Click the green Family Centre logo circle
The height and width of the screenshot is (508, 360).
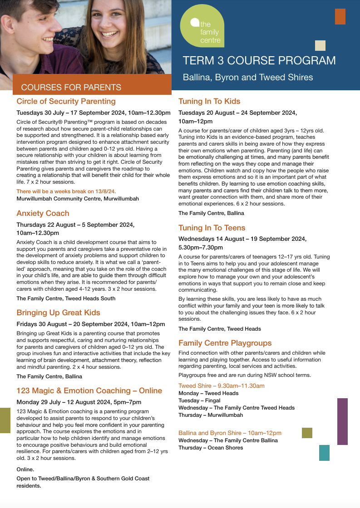[202, 27]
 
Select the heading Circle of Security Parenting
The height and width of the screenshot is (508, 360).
[66, 101]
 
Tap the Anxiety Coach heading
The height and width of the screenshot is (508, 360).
[43, 213]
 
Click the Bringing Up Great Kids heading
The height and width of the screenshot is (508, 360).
[59, 313]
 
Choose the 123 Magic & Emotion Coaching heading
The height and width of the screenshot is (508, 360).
[89, 391]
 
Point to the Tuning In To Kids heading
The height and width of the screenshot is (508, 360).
[209, 101]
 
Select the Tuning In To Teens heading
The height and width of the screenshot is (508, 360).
[212, 228]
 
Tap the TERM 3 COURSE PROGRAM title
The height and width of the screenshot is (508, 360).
[259, 61]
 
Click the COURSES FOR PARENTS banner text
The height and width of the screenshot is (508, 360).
[71, 88]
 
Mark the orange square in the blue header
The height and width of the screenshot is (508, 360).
[340, 16]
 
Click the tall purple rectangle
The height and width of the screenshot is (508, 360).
[342, 421]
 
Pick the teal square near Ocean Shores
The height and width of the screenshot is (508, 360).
[324, 453]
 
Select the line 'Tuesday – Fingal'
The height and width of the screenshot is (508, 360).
[199, 401]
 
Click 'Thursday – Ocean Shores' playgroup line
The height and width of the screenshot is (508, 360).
[211, 448]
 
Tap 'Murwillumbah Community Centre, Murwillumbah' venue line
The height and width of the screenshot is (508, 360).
[78, 199]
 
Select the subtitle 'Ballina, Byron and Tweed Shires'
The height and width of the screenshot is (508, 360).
[248, 77]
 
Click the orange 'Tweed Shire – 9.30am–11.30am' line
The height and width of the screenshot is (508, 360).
[222, 386]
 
